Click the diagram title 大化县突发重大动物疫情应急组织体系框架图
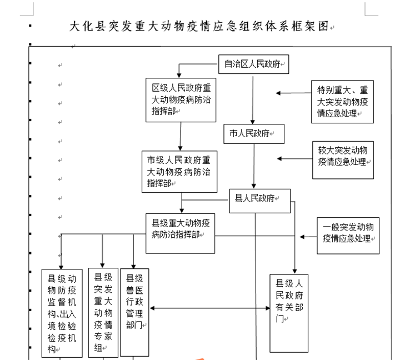point(199,26)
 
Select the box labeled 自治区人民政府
point(253,64)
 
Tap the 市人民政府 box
point(254,134)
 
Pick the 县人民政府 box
point(260,201)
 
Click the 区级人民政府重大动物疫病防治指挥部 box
point(181,100)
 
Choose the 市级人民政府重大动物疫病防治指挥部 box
point(179,172)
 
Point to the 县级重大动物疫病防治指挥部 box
point(181,233)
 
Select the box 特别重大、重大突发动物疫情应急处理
point(342,102)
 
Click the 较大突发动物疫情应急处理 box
point(343,160)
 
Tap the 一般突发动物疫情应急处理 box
point(348,236)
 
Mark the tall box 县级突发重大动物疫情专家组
point(103,313)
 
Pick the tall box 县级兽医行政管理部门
point(134,312)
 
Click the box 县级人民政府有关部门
point(289,313)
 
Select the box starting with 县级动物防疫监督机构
point(62,313)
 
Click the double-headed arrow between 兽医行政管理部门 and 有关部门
point(209,308)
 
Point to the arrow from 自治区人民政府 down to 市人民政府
point(253,100)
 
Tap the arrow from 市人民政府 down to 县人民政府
point(254,166)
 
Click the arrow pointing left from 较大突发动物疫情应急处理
point(294,159)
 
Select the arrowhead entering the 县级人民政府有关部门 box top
point(294,271)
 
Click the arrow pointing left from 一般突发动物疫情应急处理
point(308,237)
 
